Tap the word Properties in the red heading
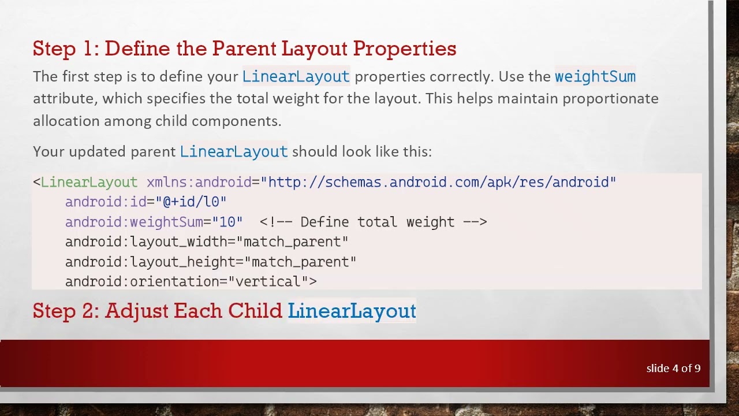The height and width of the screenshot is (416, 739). (x=404, y=49)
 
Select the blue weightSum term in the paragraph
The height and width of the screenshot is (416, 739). (x=595, y=76)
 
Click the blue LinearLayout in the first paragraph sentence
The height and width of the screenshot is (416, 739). (x=296, y=76)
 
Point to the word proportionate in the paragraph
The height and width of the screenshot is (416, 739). (x=610, y=99)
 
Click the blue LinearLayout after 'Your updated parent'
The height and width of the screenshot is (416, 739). (x=233, y=151)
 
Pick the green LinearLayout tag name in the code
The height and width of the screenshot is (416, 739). (x=89, y=183)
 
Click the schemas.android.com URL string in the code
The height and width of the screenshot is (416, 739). (x=442, y=183)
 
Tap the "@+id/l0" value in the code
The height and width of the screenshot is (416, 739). (x=191, y=202)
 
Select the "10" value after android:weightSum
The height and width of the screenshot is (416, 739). (x=227, y=222)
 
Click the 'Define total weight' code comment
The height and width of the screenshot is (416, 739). (x=373, y=222)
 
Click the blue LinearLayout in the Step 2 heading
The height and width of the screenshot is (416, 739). (x=352, y=311)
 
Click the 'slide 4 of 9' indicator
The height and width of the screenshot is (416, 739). (x=673, y=368)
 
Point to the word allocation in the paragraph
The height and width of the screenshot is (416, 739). (x=66, y=121)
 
